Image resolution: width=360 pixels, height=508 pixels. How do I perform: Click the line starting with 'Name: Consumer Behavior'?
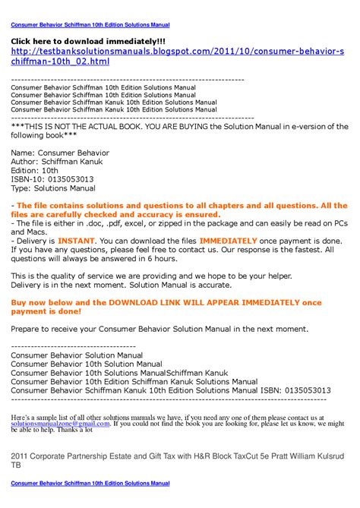pos(60,153)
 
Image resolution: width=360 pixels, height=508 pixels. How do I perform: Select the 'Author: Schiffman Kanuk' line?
pos(65,162)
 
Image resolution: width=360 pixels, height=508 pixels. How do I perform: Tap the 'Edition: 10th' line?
pos(37,170)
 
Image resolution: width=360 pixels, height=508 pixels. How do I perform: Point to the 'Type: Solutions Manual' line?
pos(53,188)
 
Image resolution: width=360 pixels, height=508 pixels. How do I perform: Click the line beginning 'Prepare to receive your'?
pos(170,329)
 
